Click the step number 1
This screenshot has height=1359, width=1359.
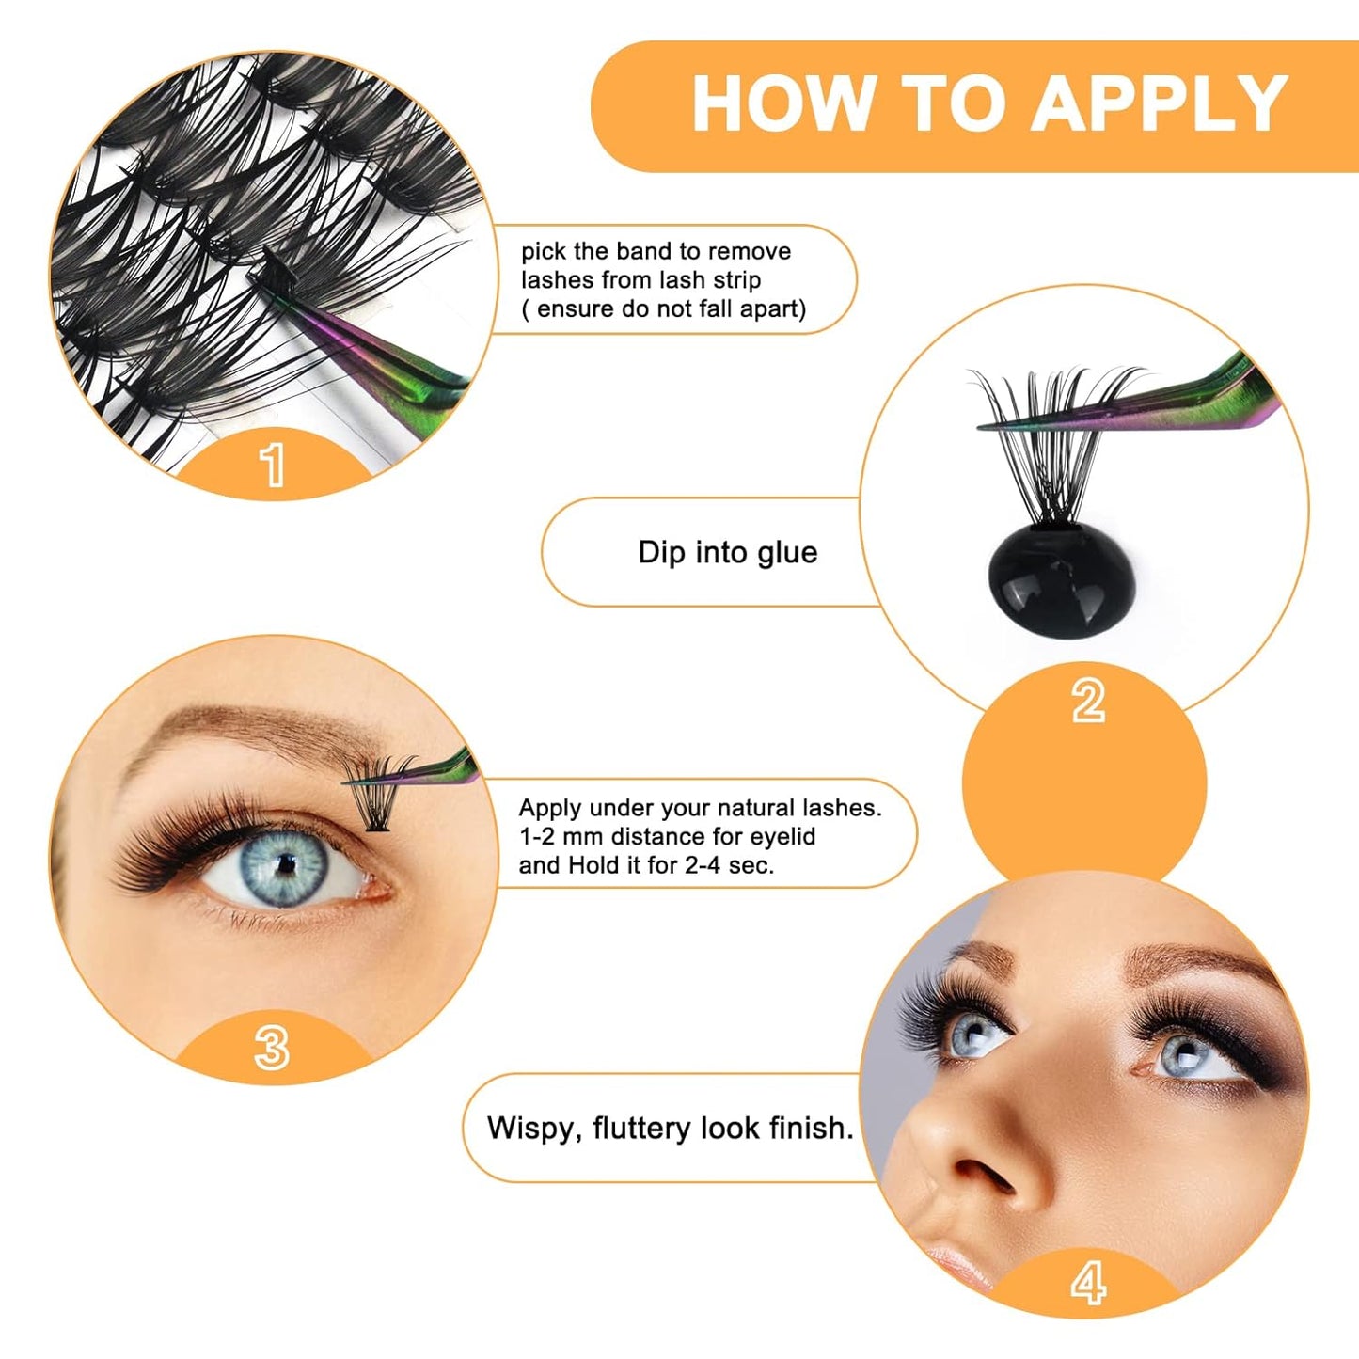pos(273,465)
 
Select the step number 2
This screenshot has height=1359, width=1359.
pos(1088,701)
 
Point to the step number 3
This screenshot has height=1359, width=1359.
pos(272,1047)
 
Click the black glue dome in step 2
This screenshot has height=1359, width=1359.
pos(1061,583)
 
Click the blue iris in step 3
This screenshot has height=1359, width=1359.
pos(284,865)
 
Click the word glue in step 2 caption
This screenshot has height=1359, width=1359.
pos(787,552)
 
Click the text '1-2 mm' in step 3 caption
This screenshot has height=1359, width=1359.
pos(561,836)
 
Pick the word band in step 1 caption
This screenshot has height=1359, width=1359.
pos(645,251)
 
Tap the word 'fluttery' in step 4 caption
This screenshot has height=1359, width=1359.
pos(642,1128)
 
